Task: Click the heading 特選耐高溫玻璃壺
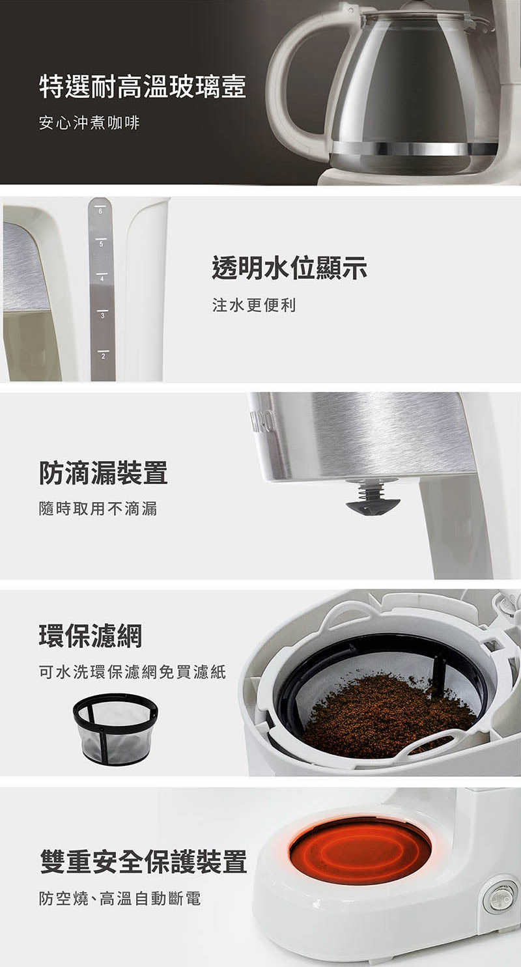point(143,87)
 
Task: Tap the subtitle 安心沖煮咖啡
point(89,123)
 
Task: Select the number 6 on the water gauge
point(100,212)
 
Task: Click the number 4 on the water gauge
point(102,279)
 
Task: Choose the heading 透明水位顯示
point(290,268)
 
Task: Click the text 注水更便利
point(254,305)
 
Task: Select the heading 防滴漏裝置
point(103,473)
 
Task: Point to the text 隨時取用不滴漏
point(98,509)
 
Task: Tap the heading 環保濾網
point(91,636)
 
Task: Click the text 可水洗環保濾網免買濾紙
point(132,672)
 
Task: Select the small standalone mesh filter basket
point(115,728)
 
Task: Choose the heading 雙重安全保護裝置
point(143,861)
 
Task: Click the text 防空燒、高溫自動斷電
point(120,899)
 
